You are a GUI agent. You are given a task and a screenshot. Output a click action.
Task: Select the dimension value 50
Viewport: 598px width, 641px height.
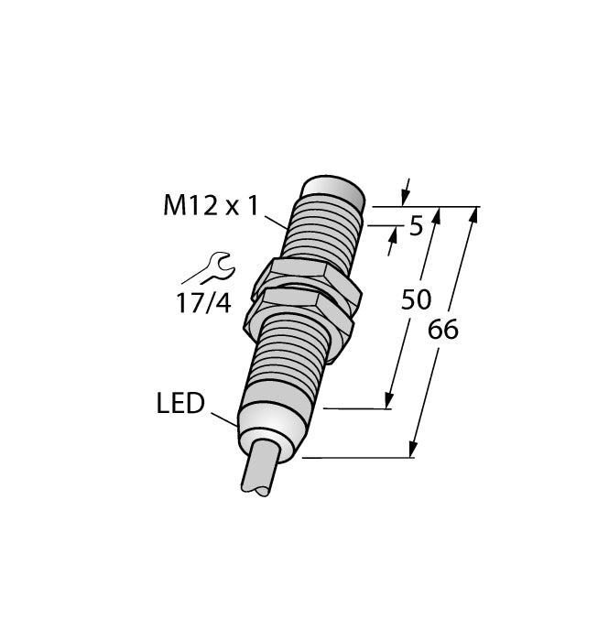(417, 300)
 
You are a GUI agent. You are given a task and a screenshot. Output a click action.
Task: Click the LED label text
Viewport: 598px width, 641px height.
(180, 404)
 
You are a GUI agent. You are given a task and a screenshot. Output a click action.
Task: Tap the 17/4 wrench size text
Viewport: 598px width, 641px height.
(203, 304)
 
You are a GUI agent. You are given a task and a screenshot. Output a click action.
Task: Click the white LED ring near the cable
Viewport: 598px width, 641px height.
(267, 424)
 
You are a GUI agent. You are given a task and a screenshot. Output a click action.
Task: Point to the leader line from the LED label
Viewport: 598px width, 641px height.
(224, 419)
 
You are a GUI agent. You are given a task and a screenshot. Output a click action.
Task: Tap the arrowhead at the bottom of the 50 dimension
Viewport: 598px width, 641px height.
(389, 400)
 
